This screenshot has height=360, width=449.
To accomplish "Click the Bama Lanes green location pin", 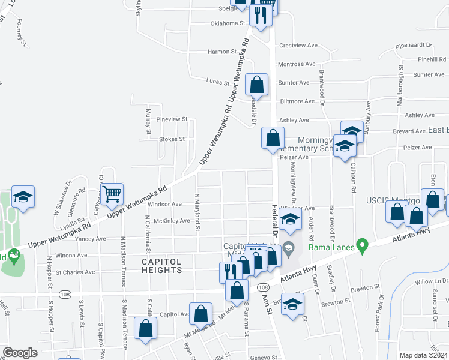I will pos(361,245).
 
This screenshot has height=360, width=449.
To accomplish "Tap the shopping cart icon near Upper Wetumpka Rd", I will pos(112,194).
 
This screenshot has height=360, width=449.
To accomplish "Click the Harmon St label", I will pos(222,52).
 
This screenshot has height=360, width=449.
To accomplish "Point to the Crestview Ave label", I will pos(298,46).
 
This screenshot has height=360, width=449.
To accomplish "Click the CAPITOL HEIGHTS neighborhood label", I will pos(162,266).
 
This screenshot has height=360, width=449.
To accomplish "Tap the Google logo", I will pos(20,353).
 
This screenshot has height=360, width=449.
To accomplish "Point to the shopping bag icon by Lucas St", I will pos(257,85).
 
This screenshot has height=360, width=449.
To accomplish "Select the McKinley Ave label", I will pos(172,221).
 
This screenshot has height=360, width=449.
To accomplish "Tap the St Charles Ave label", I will pos(75,272).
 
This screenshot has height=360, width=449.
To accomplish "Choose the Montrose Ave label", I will pos(297,64).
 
